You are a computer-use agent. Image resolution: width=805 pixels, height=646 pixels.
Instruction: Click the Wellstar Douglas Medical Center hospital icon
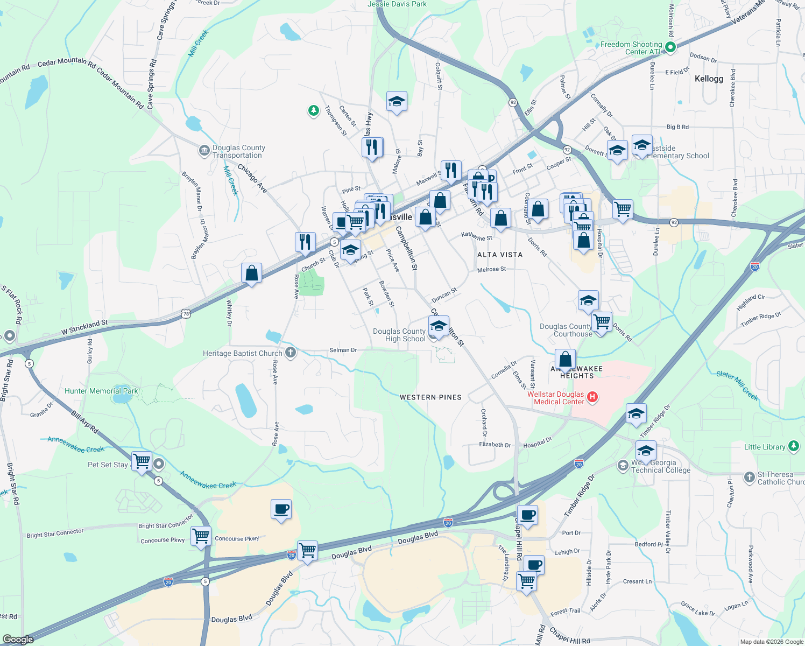click(592, 397)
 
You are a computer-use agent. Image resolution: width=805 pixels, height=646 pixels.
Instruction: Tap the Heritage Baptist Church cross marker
click(291, 353)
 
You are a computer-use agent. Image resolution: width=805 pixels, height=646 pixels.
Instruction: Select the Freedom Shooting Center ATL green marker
click(670, 47)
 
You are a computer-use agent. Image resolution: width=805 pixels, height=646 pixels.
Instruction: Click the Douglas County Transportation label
click(238, 151)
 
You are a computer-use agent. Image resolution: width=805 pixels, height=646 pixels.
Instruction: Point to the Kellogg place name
click(709, 79)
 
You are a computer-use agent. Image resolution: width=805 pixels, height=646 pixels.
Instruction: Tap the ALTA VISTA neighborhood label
click(500, 255)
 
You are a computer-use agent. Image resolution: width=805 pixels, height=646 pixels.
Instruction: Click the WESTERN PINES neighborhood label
click(430, 397)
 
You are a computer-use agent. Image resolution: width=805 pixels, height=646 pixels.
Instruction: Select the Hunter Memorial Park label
click(101, 391)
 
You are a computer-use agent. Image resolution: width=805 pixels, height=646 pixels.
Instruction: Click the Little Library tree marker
click(794, 446)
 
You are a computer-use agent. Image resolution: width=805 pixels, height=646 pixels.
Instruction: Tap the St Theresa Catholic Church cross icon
click(750, 477)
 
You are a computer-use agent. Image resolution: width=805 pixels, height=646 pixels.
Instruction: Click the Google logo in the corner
click(18, 640)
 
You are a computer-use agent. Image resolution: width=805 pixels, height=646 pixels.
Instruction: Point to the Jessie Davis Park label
click(397, 4)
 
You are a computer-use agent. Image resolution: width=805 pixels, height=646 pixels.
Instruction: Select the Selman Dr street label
click(343, 350)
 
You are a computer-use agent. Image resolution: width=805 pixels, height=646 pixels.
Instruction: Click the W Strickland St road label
click(84, 327)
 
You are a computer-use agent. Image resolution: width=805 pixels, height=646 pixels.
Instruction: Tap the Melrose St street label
click(492, 269)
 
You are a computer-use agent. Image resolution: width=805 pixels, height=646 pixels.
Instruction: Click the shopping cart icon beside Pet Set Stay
click(142, 461)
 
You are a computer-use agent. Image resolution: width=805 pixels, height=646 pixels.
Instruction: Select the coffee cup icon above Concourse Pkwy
click(281, 509)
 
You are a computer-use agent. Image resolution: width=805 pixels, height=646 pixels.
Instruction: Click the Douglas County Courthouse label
click(566, 330)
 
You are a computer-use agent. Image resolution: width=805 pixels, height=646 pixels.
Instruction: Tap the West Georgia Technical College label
click(661, 466)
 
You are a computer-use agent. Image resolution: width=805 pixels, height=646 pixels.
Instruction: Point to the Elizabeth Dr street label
click(495, 445)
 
